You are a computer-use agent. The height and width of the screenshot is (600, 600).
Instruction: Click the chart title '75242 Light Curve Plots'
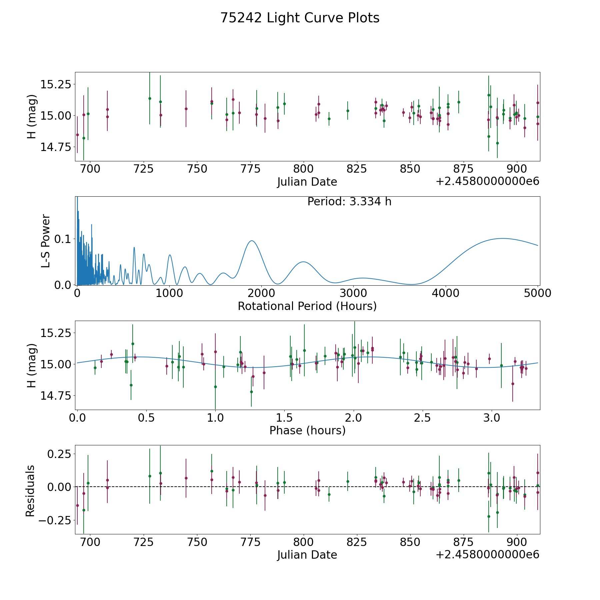coord(300,18)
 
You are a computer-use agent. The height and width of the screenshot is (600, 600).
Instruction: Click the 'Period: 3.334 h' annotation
coord(349,202)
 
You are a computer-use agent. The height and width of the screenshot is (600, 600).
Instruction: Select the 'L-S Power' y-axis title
coord(46,241)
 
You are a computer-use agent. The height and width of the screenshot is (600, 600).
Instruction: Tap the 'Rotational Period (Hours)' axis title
coord(307,306)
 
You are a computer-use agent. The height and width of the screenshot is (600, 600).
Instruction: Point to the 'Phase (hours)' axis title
coord(307,430)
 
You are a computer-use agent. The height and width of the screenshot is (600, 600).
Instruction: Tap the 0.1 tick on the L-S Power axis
coord(63,239)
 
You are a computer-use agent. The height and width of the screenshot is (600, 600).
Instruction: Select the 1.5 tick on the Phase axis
coord(284,418)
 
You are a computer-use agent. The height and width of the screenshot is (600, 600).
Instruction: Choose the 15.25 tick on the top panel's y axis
coord(56,84)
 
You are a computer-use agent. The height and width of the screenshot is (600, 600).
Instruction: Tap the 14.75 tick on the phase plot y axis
coord(56,396)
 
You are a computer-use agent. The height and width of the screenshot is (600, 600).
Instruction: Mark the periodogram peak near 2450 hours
coord(303,262)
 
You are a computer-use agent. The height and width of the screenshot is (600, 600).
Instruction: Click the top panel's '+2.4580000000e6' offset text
coord(487,181)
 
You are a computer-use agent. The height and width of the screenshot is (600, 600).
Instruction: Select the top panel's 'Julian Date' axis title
coord(307,182)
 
